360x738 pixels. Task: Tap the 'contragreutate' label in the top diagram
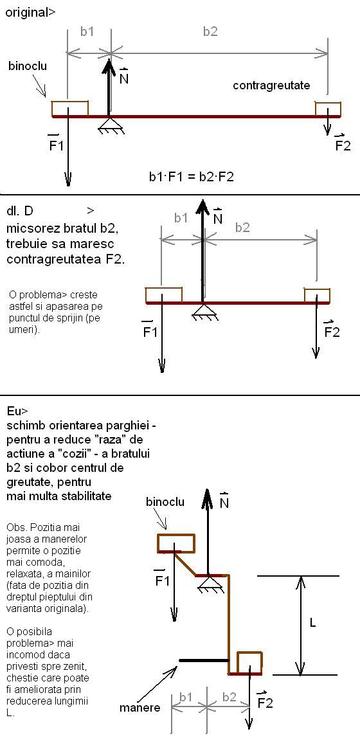[x=271, y=85]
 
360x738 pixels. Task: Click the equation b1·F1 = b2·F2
[x=192, y=177]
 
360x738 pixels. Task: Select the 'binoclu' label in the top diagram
[x=28, y=66]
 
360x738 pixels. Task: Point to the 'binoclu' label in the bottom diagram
[x=165, y=501]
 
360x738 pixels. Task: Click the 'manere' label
[x=139, y=707]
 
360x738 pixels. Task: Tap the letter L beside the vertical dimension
[x=313, y=623]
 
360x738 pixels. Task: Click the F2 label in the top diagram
[x=343, y=143]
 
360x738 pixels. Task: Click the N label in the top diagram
[x=124, y=76]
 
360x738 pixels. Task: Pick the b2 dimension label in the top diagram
[x=210, y=32]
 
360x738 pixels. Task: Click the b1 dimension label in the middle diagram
[x=181, y=217]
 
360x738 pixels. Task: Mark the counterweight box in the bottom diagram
[x=250, y=663]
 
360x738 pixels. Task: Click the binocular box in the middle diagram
[x=164, y=295]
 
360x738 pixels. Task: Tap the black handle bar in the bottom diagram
[x=204, y=660]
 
